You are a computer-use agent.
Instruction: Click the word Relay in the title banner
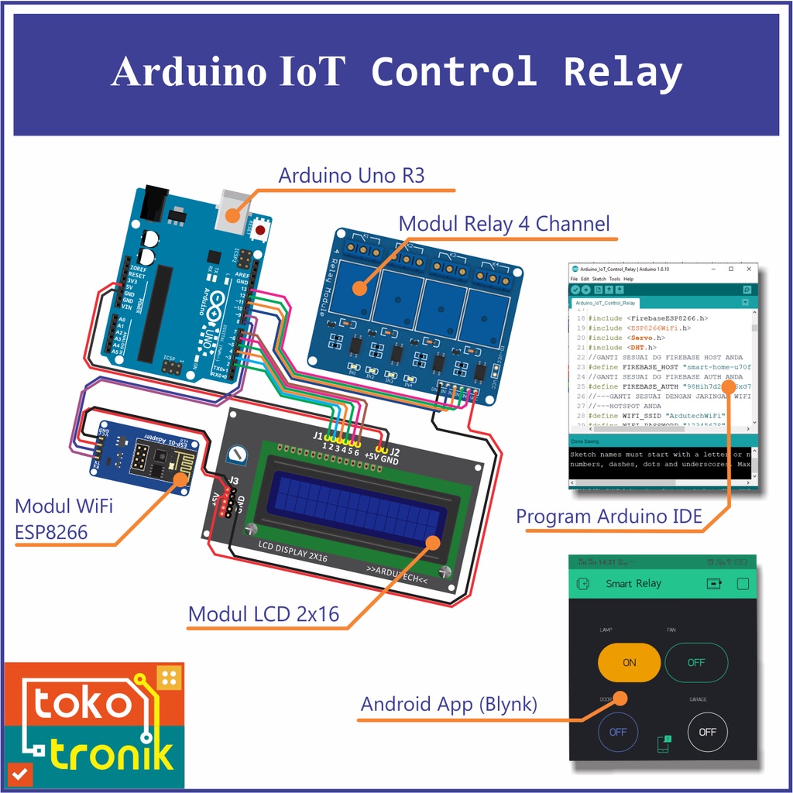click(622, 72)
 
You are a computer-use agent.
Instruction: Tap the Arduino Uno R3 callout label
click(351, 175)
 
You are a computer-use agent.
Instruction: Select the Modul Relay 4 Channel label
click(503, 224)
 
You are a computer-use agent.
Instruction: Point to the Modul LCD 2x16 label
click(263, 614)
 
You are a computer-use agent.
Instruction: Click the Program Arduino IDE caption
click(609, 517)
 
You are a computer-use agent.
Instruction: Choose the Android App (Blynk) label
click(448, 704)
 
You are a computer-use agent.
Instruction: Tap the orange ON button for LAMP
click(629, 662)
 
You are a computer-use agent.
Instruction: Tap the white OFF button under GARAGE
click(707, 731)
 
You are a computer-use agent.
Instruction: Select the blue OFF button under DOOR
click(617, 731)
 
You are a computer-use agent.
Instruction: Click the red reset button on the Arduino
click(261, 229)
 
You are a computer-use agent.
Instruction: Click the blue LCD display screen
click(356, 506)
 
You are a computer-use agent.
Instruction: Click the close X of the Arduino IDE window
click(748, 269)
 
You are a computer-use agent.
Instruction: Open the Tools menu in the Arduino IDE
click(614, 279)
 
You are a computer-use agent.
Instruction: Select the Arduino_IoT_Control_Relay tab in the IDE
click(606, 303)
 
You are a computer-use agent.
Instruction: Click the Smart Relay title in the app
click(633, 583)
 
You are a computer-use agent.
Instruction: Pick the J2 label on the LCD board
click(394, 450)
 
